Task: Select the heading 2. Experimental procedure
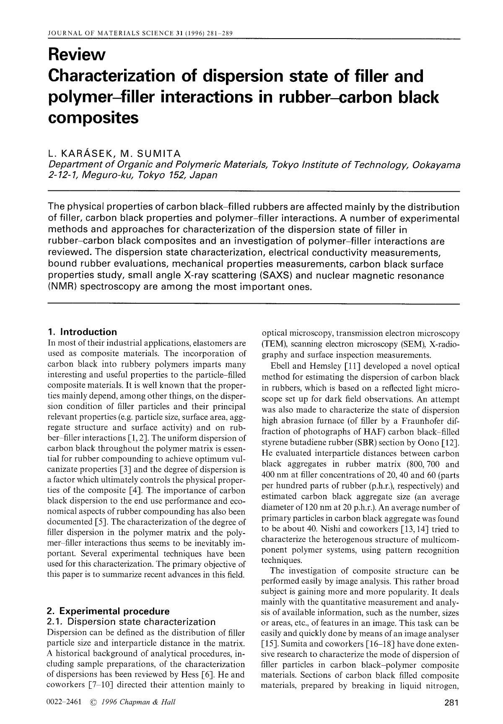click(x=109, y=611)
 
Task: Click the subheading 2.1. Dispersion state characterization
click(x=132, y=621)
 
